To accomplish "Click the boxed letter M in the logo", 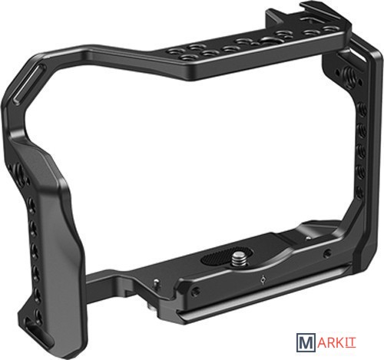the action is [306, 342].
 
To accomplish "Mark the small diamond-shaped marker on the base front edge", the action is [263, 280].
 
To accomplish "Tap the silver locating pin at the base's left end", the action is [157, 284].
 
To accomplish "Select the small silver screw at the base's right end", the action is [309, 238].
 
